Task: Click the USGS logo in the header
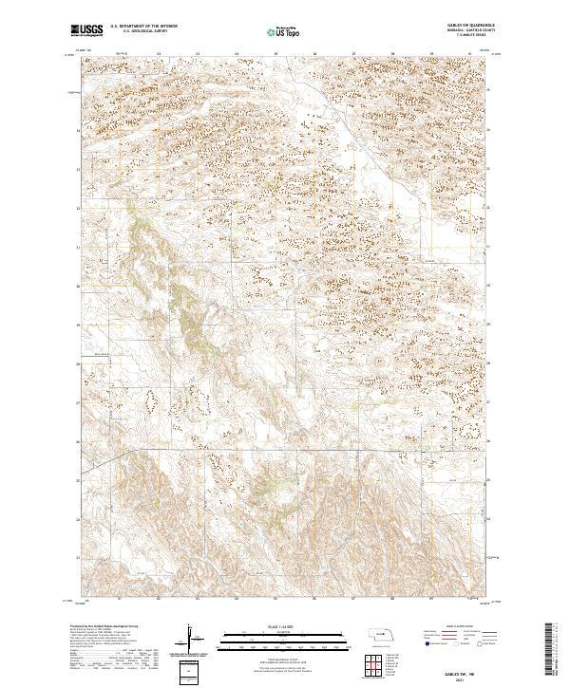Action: pos(87,30)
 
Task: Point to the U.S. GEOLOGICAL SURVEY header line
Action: pos(143,32)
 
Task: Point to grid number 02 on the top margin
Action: pos(159,54)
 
